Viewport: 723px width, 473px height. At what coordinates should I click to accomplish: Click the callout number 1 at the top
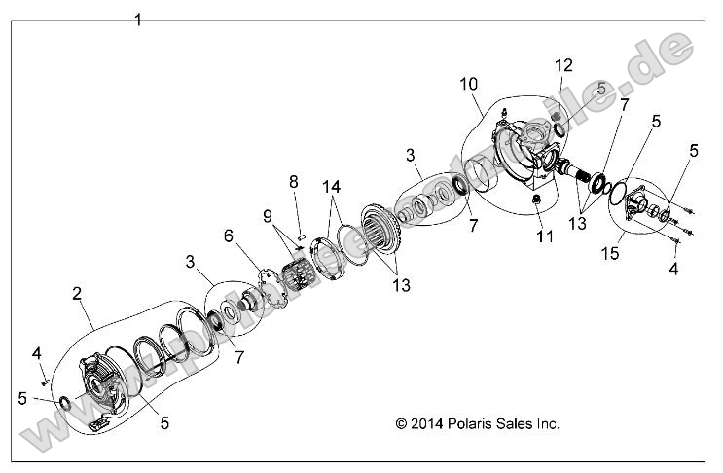(x=138, y=19)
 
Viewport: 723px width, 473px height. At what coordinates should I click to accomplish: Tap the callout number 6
(x=229, y=236)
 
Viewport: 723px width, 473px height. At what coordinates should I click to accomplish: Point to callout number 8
(x=293, y=181)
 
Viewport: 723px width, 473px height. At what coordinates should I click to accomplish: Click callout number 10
(x=469, y=84)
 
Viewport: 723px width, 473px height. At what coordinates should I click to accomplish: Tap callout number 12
(x=564, y=66)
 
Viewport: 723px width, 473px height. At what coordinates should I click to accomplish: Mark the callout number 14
(x=333, y=185)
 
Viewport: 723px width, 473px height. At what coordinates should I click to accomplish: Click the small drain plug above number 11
(x=537, y=201)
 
